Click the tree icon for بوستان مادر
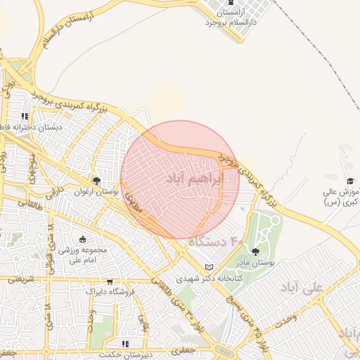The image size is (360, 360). click(x=255, y=251)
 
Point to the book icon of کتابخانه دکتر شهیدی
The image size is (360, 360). click(x=208, y=267)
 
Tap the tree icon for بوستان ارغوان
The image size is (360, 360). click(x=96, y=180)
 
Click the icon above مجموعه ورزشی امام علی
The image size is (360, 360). click(x=83, y=239)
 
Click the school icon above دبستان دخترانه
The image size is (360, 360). click(x=25, y=116)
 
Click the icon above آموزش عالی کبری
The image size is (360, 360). click(x=350, y=181)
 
